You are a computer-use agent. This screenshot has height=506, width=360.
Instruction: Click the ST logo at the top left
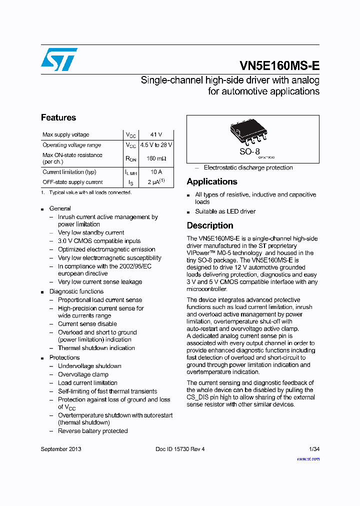coord(59,59)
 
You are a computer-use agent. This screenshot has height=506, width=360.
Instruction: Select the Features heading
coord(58,118)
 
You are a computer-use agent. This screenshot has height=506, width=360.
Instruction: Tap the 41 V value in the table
coord(156,135)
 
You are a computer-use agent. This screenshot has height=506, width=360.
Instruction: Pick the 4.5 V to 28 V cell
coord(156,145)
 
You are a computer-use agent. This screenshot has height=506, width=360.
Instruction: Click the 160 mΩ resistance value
coord(156,158)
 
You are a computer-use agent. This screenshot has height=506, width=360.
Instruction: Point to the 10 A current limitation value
coord(156,172)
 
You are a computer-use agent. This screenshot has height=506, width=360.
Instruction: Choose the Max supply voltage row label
coord(66,135)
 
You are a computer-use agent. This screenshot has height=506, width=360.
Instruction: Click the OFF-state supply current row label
coord(72,182)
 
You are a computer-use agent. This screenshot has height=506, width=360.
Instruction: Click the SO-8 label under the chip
coord(249,151)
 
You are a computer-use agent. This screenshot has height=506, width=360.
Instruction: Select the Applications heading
coord(212,182)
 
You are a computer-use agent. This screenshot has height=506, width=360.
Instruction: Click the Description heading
coord(210,225)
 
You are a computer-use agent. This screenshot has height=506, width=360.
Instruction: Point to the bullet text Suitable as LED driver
coord(225,211)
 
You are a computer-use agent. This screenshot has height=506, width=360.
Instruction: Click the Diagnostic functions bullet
coord(76,291)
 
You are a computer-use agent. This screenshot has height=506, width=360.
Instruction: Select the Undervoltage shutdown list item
coord(89,366)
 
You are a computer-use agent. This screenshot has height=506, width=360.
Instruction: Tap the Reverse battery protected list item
coord(92,431)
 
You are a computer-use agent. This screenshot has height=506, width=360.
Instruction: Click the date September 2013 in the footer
coord(61,449)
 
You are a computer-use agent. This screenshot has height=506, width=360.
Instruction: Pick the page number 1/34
coord(313,449)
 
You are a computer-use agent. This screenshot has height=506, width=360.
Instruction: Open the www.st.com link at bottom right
coord(308,459)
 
